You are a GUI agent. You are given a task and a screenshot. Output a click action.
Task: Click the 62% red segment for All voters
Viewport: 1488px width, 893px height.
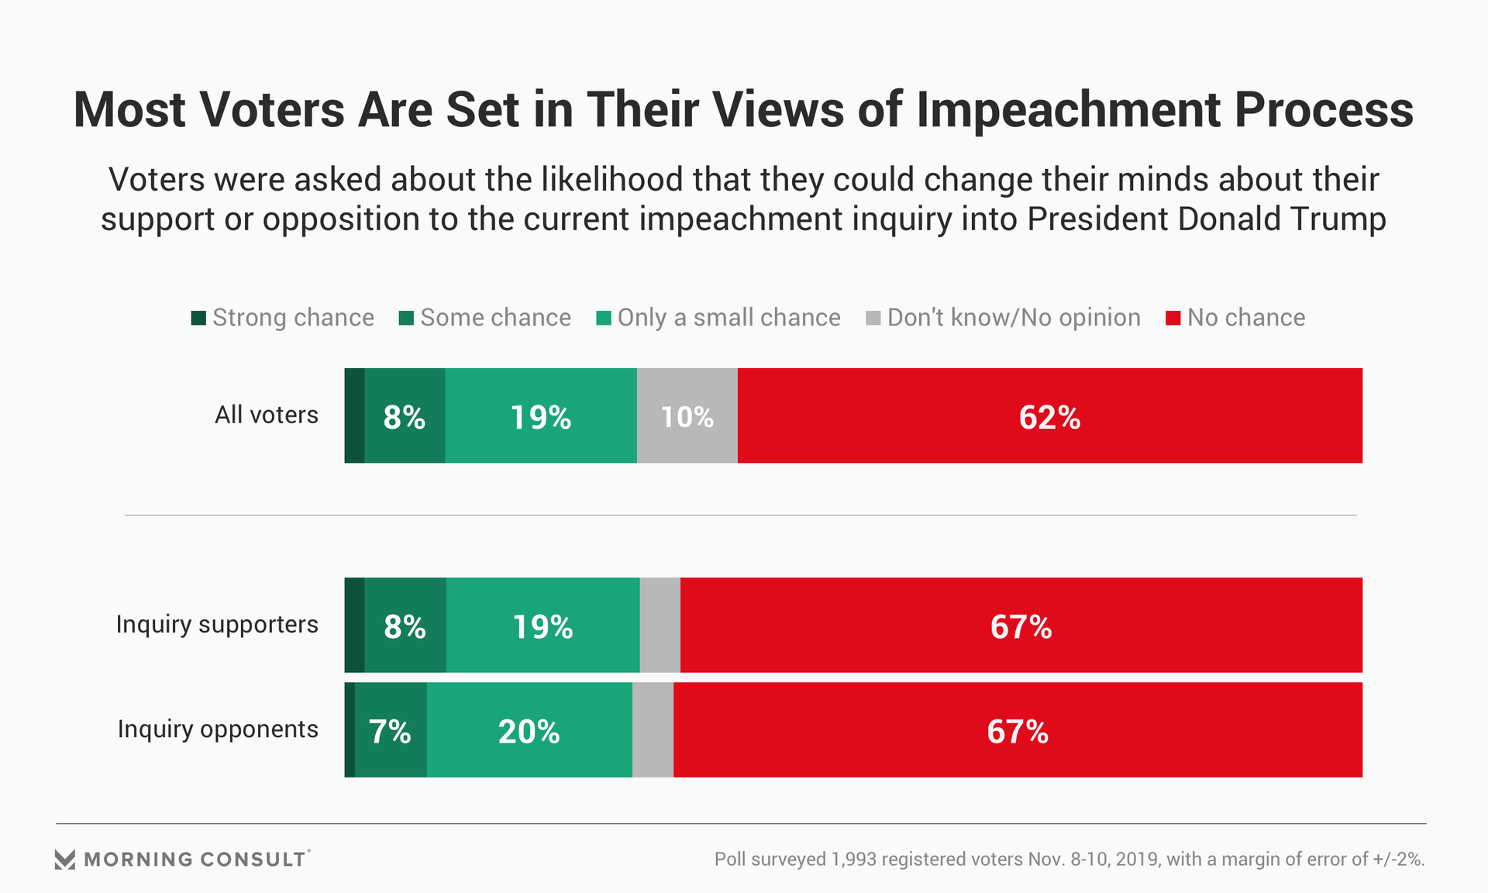pos(1049,416)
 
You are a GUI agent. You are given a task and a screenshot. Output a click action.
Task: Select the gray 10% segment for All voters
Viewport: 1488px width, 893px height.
pos(687,416)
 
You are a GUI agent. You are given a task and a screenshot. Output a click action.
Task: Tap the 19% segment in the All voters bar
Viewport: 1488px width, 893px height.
pos(541,416)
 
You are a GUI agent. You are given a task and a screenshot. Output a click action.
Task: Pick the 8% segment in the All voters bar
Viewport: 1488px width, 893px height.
pos(405,416)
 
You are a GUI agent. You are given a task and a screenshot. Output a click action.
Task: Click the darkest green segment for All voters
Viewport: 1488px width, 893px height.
pos(354,416)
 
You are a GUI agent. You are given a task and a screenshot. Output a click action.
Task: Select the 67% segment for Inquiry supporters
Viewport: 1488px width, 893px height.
pos(1021,626)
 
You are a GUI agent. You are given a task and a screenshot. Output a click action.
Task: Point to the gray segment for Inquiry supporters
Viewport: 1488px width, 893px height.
pos(660,626)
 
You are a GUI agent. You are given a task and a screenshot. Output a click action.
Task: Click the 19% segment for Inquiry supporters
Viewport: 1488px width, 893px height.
pos(542,626)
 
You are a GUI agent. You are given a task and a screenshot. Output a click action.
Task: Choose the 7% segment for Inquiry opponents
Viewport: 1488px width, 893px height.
pos(391,730)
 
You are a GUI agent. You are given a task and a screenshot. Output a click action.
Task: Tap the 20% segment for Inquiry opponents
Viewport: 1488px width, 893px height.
pos(529,730)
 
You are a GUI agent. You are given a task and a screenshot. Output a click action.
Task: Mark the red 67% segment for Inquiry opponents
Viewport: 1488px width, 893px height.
pos(1018,730)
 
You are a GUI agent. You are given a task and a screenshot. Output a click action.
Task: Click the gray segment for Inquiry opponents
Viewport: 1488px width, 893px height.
pos(653,730)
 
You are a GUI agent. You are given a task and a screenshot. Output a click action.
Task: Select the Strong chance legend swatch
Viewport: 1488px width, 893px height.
pos(198,318)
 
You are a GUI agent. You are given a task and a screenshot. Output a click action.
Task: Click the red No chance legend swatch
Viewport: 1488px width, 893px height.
pos(1173,318)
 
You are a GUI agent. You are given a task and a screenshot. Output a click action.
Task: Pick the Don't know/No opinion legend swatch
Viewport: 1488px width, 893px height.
pos(873,318)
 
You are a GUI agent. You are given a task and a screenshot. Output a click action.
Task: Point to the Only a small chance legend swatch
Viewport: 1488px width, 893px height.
pos(604,318)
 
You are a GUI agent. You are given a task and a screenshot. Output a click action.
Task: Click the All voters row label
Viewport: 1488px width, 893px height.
pos(266,415)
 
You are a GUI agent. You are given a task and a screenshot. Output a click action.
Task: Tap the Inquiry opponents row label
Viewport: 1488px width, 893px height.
pos(218,729)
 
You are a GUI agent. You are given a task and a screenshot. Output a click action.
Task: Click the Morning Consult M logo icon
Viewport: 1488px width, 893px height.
pos(65,859)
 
